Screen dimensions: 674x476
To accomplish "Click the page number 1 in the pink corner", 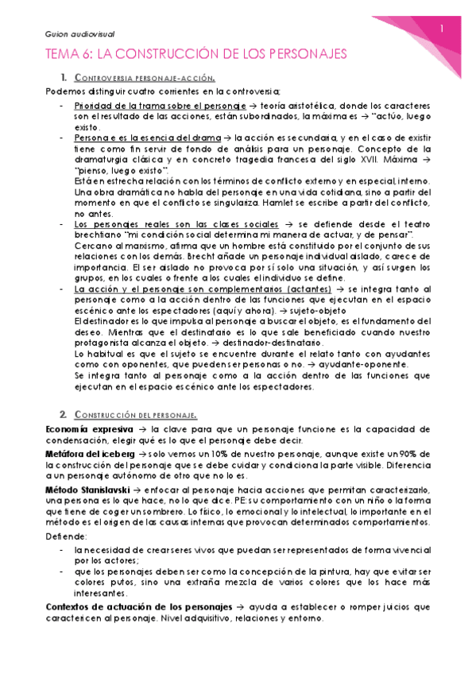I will click(442, 29).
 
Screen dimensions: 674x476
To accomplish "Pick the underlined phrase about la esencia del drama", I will click(149, 138).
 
